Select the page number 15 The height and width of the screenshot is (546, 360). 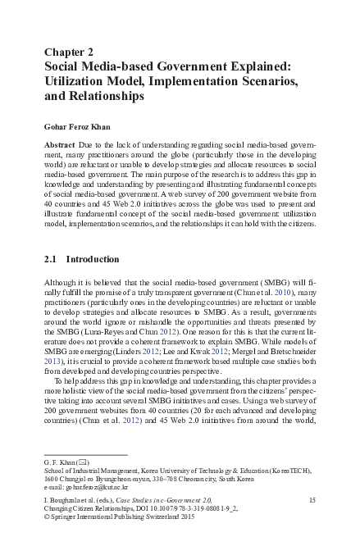click(312, 498)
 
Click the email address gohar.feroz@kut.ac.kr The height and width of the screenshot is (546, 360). click(96, 487)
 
